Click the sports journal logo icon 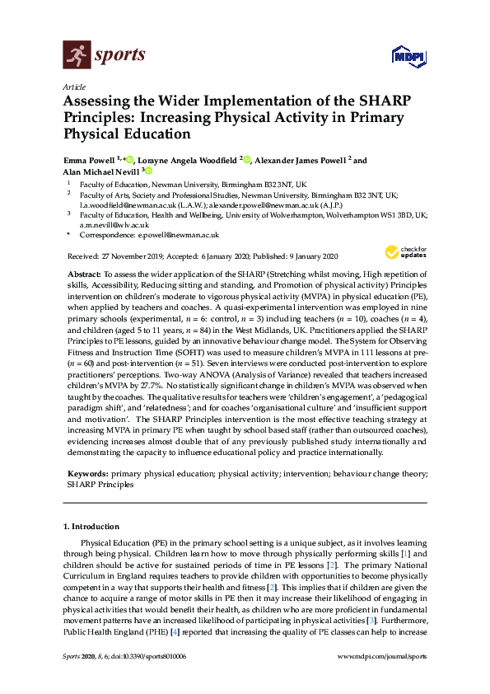[75, 55]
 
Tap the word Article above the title [72, 86]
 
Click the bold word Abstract [83, 272]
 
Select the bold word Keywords [86, 475]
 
